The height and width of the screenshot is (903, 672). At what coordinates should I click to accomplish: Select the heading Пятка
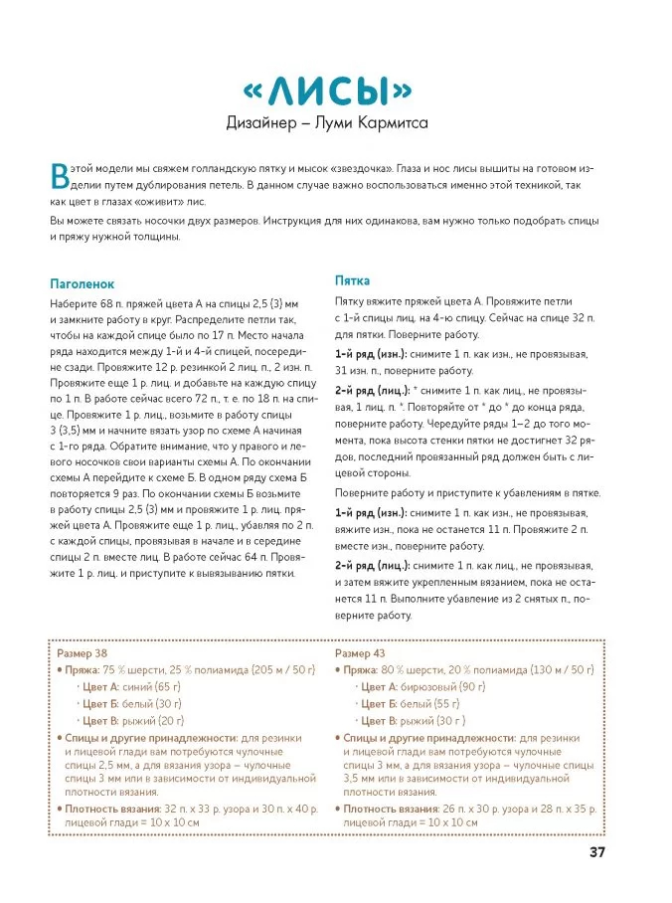tap(352, 280)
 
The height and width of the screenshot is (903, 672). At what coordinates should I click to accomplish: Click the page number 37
tap(597, 851)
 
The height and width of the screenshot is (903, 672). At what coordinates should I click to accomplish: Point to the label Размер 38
tap(84, 653)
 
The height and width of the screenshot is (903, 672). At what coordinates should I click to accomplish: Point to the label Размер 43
tap(360, 653)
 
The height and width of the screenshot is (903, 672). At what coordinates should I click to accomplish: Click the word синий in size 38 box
tap(138, 687)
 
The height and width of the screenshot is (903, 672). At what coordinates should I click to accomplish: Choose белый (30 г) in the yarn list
tap(147, 704)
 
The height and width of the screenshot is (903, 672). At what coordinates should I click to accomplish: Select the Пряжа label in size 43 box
tap(364, 670)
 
